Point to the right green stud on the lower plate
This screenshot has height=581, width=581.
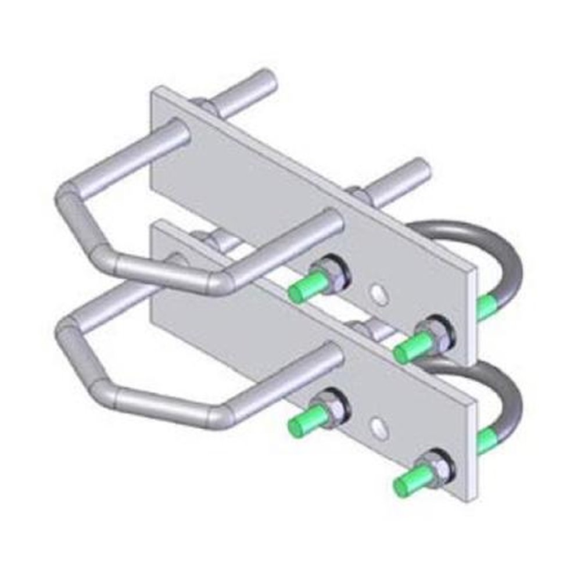pyautogui.click(x=408, y=480)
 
